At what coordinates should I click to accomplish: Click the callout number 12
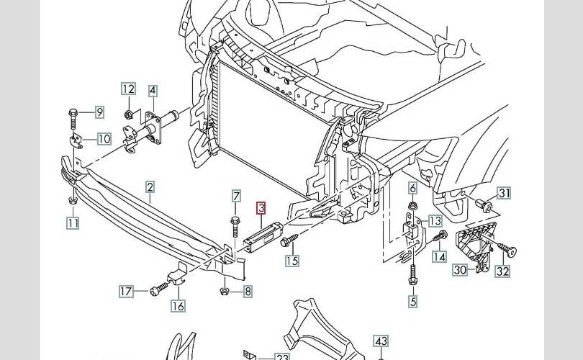click(128, 90)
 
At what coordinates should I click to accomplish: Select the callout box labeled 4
click(153, 91)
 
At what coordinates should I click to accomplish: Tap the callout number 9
click(99, 112)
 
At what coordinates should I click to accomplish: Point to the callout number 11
click(73, 223)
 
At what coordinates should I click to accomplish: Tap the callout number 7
click(235, 196)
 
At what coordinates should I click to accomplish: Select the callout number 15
click(292, 261)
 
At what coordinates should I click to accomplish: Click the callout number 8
click(247, 292)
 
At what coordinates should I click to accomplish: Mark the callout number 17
click(126, 292)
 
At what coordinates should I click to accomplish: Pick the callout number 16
click(177, 306)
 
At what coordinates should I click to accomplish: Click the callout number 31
click(504, 193)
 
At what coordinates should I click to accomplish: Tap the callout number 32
click(502, 271)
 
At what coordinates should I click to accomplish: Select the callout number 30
click(460, 271)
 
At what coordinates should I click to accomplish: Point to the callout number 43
click(381, 341)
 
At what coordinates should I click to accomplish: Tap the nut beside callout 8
click(225, 292)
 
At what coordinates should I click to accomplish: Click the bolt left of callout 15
click(286, 239)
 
